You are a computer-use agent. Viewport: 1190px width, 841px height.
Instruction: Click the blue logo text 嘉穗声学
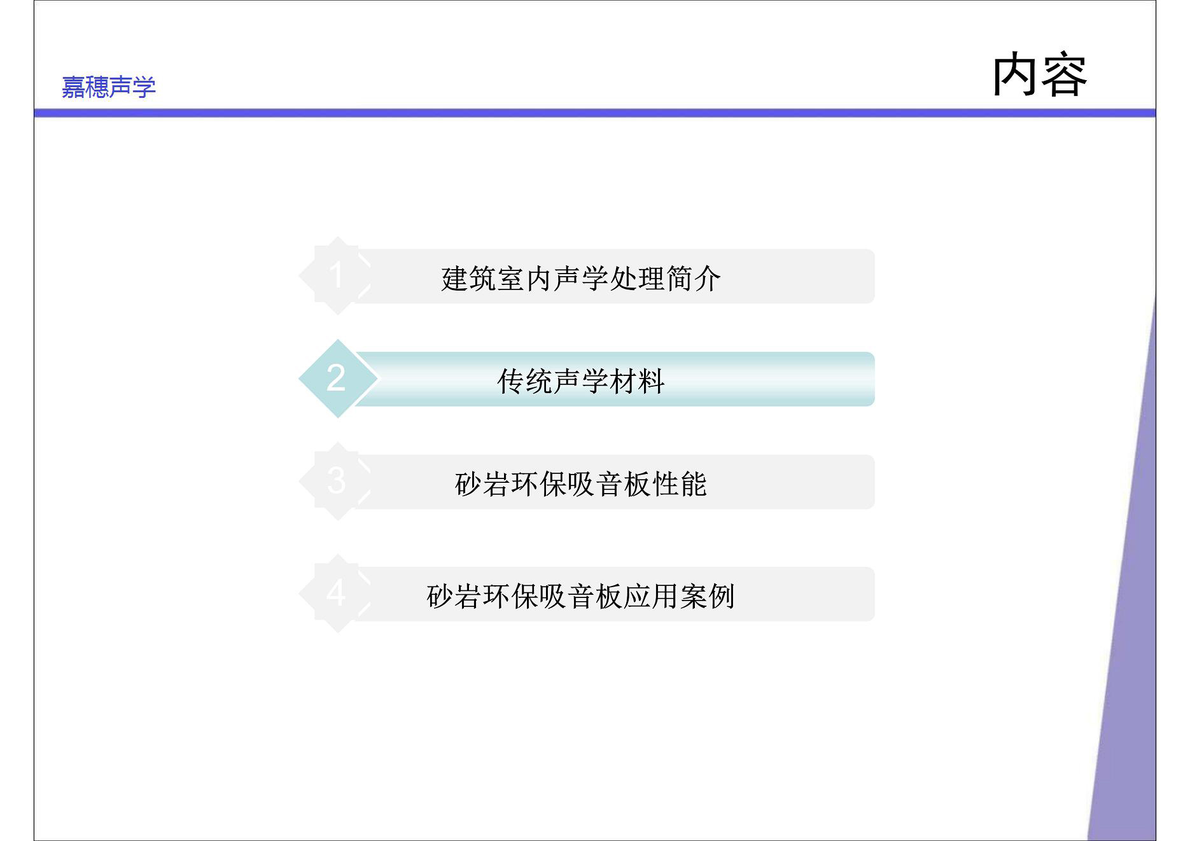108,87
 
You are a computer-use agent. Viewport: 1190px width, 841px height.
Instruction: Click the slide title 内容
1040,75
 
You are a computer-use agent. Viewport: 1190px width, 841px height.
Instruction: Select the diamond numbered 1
337,275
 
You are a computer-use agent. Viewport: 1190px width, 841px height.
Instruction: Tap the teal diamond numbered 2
337,379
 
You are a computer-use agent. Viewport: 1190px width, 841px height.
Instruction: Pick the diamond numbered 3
337,481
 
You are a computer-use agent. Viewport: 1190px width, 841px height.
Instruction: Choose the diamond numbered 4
337,594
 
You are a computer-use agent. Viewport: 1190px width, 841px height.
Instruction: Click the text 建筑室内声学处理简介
581,279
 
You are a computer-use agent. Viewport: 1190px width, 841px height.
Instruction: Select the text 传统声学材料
581,381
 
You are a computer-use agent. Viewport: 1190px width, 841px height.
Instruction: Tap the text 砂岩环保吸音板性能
581,484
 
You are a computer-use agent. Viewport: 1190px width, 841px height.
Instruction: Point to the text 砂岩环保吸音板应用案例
581,596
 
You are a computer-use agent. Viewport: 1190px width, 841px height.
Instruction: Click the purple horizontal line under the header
595,113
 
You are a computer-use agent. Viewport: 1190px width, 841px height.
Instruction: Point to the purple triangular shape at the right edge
1130,636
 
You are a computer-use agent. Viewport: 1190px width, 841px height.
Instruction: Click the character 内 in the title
1016,75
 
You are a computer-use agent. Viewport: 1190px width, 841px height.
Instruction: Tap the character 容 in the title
1064,75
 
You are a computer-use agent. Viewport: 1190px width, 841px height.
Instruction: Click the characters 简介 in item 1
694,279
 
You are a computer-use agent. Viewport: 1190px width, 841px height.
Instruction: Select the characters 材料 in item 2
638,381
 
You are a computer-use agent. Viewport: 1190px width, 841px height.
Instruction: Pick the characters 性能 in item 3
680,484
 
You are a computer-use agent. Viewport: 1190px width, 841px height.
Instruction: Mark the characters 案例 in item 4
708,596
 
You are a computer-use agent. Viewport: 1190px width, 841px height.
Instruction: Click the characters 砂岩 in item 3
483,484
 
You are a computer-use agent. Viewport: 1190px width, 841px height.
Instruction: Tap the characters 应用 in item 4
652,596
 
